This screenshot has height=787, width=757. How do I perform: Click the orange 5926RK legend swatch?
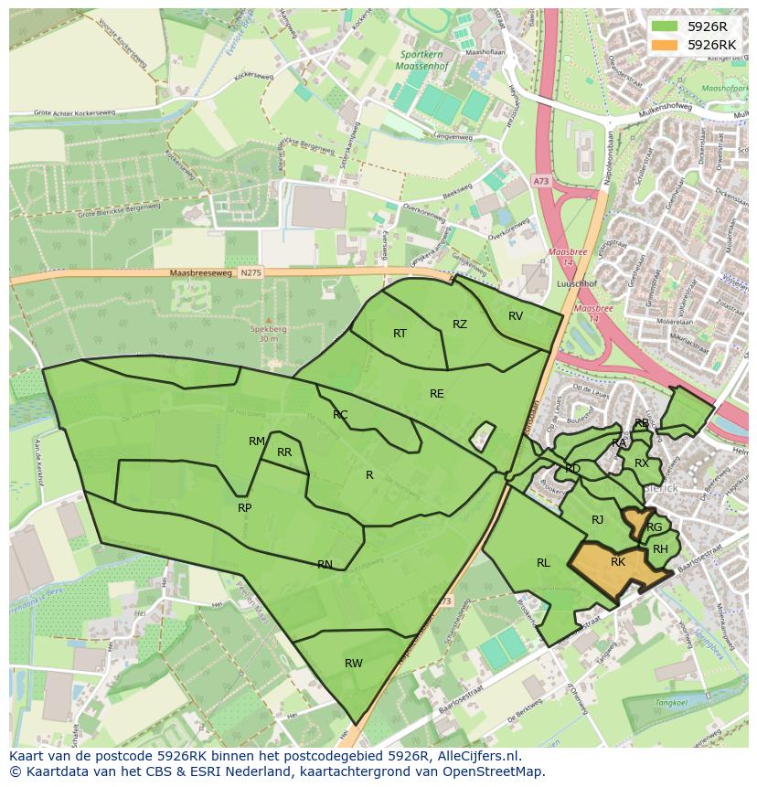(665, 45)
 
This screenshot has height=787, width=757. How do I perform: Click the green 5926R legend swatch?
(665, 27)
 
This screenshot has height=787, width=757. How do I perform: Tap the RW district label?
(354, 664)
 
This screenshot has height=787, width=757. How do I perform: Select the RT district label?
(400, 334)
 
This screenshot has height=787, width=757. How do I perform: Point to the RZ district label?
(460, 324)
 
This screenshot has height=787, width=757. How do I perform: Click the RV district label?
(516, 316)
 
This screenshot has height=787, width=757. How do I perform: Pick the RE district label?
(437, 394)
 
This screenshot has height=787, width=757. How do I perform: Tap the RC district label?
(340, 415)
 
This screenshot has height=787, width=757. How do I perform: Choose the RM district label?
(257, 441)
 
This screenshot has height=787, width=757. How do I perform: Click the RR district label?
(284, 452)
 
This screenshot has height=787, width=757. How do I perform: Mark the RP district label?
(244, 508)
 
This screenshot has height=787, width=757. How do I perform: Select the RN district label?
(325, 565)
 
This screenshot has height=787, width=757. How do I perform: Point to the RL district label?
(543, 563)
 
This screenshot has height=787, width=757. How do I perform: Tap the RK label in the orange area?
(618, 562)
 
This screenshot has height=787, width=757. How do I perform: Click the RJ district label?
(598, 520)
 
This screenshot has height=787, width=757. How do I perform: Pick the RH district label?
(660, 549)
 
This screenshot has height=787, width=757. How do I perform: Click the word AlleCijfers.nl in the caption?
(476, 756)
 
